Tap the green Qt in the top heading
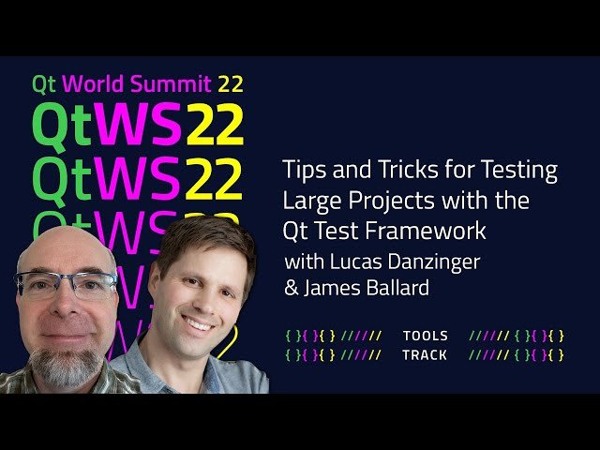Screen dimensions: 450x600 pyautogui.click(x=43, y=83)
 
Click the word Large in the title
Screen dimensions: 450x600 pyautogui.click(x=311, y=200)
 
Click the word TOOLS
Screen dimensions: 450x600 pyautogui.click(x=425, y=336)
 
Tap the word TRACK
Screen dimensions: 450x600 pyautogui.click(x=425, y=355)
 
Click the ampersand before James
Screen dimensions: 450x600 pyautogui.click(x=291, y=288)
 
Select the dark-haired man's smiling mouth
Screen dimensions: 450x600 pyautogui.click(x=198, y=322)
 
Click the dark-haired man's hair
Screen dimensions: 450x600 pyautogui.click(x=202, y=234)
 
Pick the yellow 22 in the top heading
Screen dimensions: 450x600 pyautogui.click(x=230, y=83)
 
